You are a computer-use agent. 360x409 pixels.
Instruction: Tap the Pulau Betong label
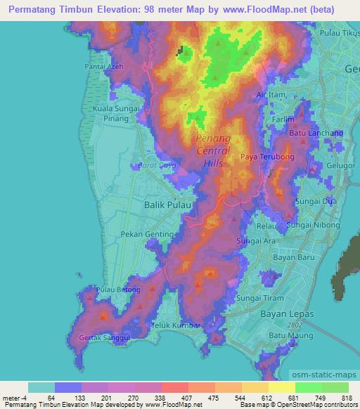pyautogui.click(x=117, y=290)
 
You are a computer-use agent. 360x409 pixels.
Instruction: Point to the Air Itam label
pyautogui.click(x=271, y=94)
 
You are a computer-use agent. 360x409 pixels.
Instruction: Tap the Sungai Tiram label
pyautogui.click(x=259, y=298)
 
